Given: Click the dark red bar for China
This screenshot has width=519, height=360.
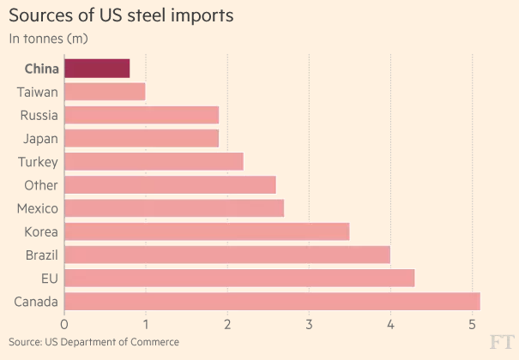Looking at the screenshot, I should (x=97, y=69).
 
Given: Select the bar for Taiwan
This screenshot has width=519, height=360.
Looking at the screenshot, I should (x=105, y=92).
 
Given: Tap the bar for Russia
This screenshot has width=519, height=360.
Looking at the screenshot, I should (x=142, y=115).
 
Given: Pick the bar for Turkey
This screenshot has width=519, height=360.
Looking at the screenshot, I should (x=154, y=161).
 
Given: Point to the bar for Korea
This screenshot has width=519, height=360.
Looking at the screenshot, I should (x=207, y=231).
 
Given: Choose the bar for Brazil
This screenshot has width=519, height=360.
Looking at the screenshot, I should (x=227, y=255).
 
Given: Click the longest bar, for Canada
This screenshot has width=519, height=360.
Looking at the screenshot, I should (x=272, y=301).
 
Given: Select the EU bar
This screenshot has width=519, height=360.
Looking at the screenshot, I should (x=239, y=278).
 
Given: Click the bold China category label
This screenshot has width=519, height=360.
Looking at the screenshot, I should (x=41, y=69).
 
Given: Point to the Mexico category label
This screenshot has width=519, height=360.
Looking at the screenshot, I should (x=38, y=208).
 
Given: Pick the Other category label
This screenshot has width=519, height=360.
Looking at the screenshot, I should (x=41, y=185).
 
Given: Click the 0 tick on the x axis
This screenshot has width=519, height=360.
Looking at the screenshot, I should (x=64, y=324).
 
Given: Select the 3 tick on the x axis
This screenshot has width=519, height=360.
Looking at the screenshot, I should (x=309, y=324).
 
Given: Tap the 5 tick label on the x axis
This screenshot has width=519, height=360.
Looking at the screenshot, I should (x=472, y=324).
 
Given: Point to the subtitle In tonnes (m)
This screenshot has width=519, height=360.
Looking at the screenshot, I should (x=48, y=38).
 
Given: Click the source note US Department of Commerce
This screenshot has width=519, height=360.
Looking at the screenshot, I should (x=94, y=342).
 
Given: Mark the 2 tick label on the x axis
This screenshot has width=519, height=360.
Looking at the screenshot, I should (x=227, y=324).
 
